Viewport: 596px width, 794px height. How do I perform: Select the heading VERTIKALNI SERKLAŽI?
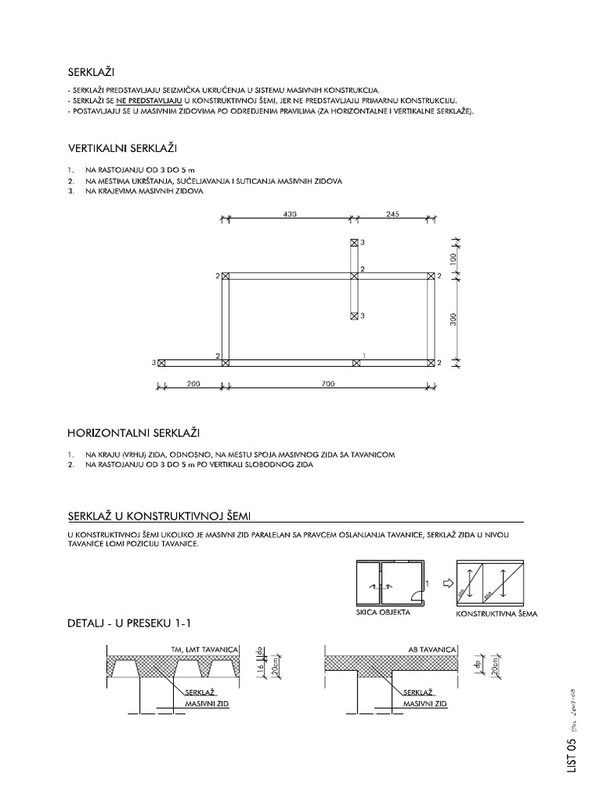click(127, 147)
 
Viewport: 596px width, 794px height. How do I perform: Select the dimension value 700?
click(327, 384)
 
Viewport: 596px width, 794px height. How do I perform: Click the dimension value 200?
click(192, 384)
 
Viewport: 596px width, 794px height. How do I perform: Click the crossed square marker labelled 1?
click(355, 362)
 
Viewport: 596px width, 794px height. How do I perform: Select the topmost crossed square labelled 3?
click(355, 243)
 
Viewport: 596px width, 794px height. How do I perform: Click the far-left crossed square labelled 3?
click(161, 362)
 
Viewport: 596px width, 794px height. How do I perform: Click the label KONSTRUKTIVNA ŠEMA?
click(497, 613)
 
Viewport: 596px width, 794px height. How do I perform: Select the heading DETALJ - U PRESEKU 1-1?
click(130, 624)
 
